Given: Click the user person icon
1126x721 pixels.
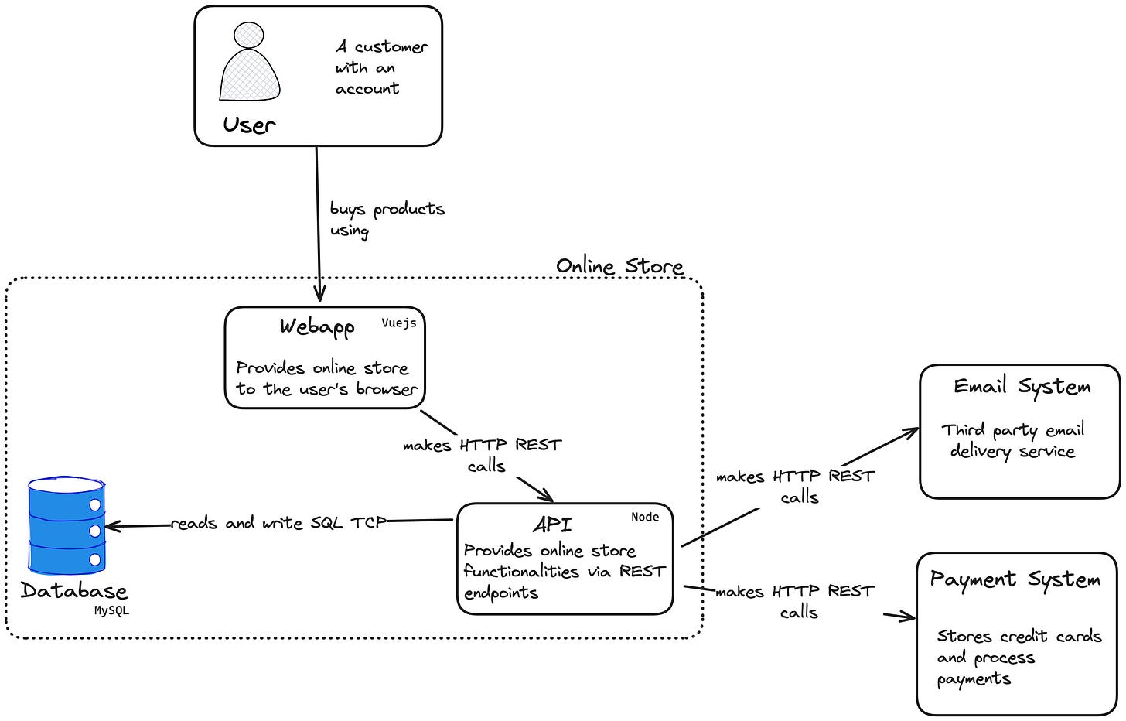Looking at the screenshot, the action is tap(249, 61).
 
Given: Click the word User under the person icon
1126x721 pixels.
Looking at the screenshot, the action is tap(249, 125).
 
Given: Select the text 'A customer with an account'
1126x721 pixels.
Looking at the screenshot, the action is tap(382, 67).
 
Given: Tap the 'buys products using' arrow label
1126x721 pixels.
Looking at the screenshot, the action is tap(387, 220).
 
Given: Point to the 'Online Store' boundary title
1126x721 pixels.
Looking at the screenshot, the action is tap(619, 265).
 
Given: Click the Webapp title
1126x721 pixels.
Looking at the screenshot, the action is tap(317, 327).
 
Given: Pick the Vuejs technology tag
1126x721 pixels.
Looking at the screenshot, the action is tap(398, 323).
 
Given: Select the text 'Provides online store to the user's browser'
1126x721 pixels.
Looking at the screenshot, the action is tap(326, 378).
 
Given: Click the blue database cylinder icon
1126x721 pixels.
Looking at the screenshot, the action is tap(67, 525).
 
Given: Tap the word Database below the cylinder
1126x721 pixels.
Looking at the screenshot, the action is tap(74, 590).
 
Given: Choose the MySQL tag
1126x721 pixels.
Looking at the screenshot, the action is tap(111, 610).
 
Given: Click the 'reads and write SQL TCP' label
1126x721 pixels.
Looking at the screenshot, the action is tap(279, 523).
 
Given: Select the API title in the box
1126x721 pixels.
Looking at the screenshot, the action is tap(552, 525).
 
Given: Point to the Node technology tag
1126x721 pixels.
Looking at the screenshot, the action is tap(645, 517).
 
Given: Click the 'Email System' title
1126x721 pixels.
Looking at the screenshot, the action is tap(1022, 386).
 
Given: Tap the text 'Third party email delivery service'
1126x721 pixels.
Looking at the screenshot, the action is tap(1013, 441).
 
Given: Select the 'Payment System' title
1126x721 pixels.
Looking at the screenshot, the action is tap(1015, 579).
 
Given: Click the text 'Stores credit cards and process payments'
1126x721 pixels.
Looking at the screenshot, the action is tap(1019, 657).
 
